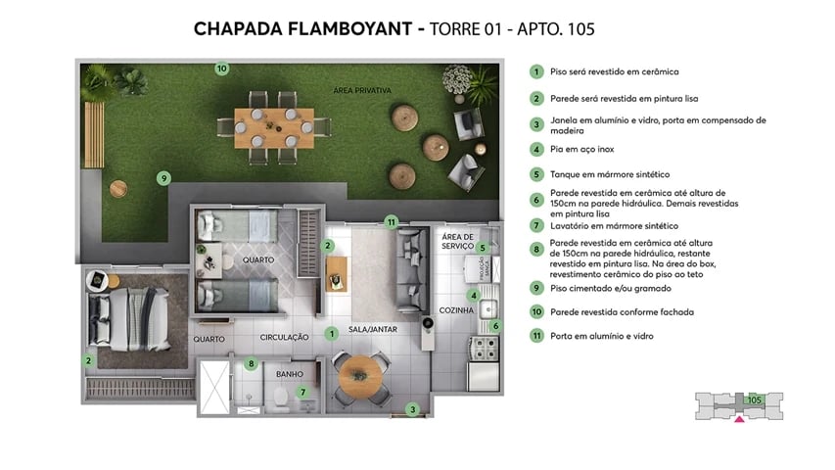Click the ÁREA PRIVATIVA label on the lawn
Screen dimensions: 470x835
(362, 90)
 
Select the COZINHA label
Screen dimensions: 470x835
(456, 310)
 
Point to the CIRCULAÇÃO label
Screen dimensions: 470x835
(284, 338)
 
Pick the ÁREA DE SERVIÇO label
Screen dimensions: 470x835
(457, 242)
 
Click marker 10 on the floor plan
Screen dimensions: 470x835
(222, 69)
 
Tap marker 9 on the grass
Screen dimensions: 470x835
(164, 178)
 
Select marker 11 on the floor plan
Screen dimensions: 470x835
(391, 221)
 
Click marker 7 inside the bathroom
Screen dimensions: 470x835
(302, 392)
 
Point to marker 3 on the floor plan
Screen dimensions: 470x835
(413, 410)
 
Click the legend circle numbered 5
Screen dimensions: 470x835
(536, 174)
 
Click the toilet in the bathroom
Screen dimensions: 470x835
(281, 397)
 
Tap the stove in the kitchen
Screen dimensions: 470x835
(483, 347)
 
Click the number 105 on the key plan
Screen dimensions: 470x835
(754, 399)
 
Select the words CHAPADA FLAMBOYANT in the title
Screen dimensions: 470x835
(303, 29)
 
